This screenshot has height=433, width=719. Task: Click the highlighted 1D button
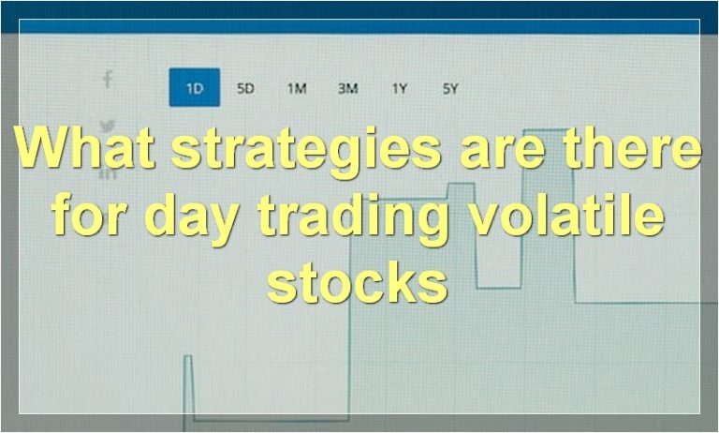tap(195, 88)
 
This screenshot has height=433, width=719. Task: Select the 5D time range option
tap(245, 89)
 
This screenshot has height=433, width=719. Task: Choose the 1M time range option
tap(297, 89)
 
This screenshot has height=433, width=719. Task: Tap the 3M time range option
tap(348, 89)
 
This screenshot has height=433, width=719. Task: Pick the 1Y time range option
tap(400, 89)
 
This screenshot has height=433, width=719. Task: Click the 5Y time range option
tap(450, 89)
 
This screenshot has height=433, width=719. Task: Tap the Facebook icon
tap(108, 80)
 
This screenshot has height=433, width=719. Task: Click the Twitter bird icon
tap(108, 125)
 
